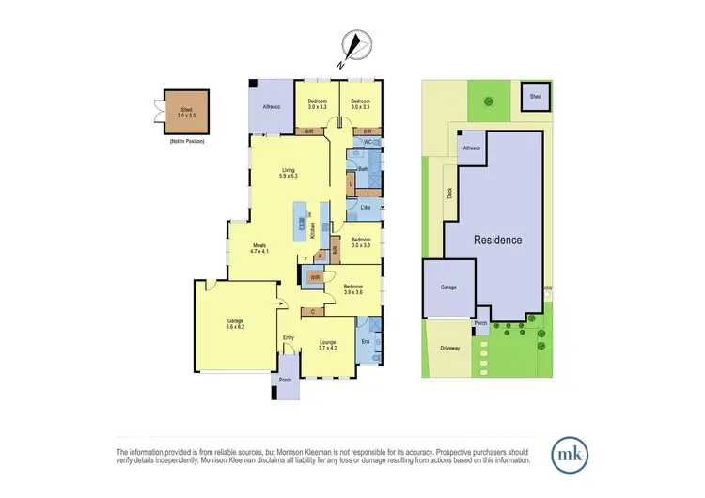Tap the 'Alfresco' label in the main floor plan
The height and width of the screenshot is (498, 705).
pos(273,108)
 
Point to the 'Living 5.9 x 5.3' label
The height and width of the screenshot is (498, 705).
pos(289,173)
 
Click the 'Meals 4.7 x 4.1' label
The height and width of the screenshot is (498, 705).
pos(259,248)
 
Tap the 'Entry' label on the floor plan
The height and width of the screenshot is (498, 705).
pos(289,338)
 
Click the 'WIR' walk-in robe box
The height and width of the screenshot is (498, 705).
pos(315,277)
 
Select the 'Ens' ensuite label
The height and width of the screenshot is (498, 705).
pos(367,341)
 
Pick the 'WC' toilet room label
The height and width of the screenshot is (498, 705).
pos(368,143)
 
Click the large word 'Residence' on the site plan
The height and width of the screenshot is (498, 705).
pos(497,240)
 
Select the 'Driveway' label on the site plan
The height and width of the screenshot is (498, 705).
pos(449,349)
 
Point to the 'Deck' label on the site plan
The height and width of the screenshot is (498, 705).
pos(450,192)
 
